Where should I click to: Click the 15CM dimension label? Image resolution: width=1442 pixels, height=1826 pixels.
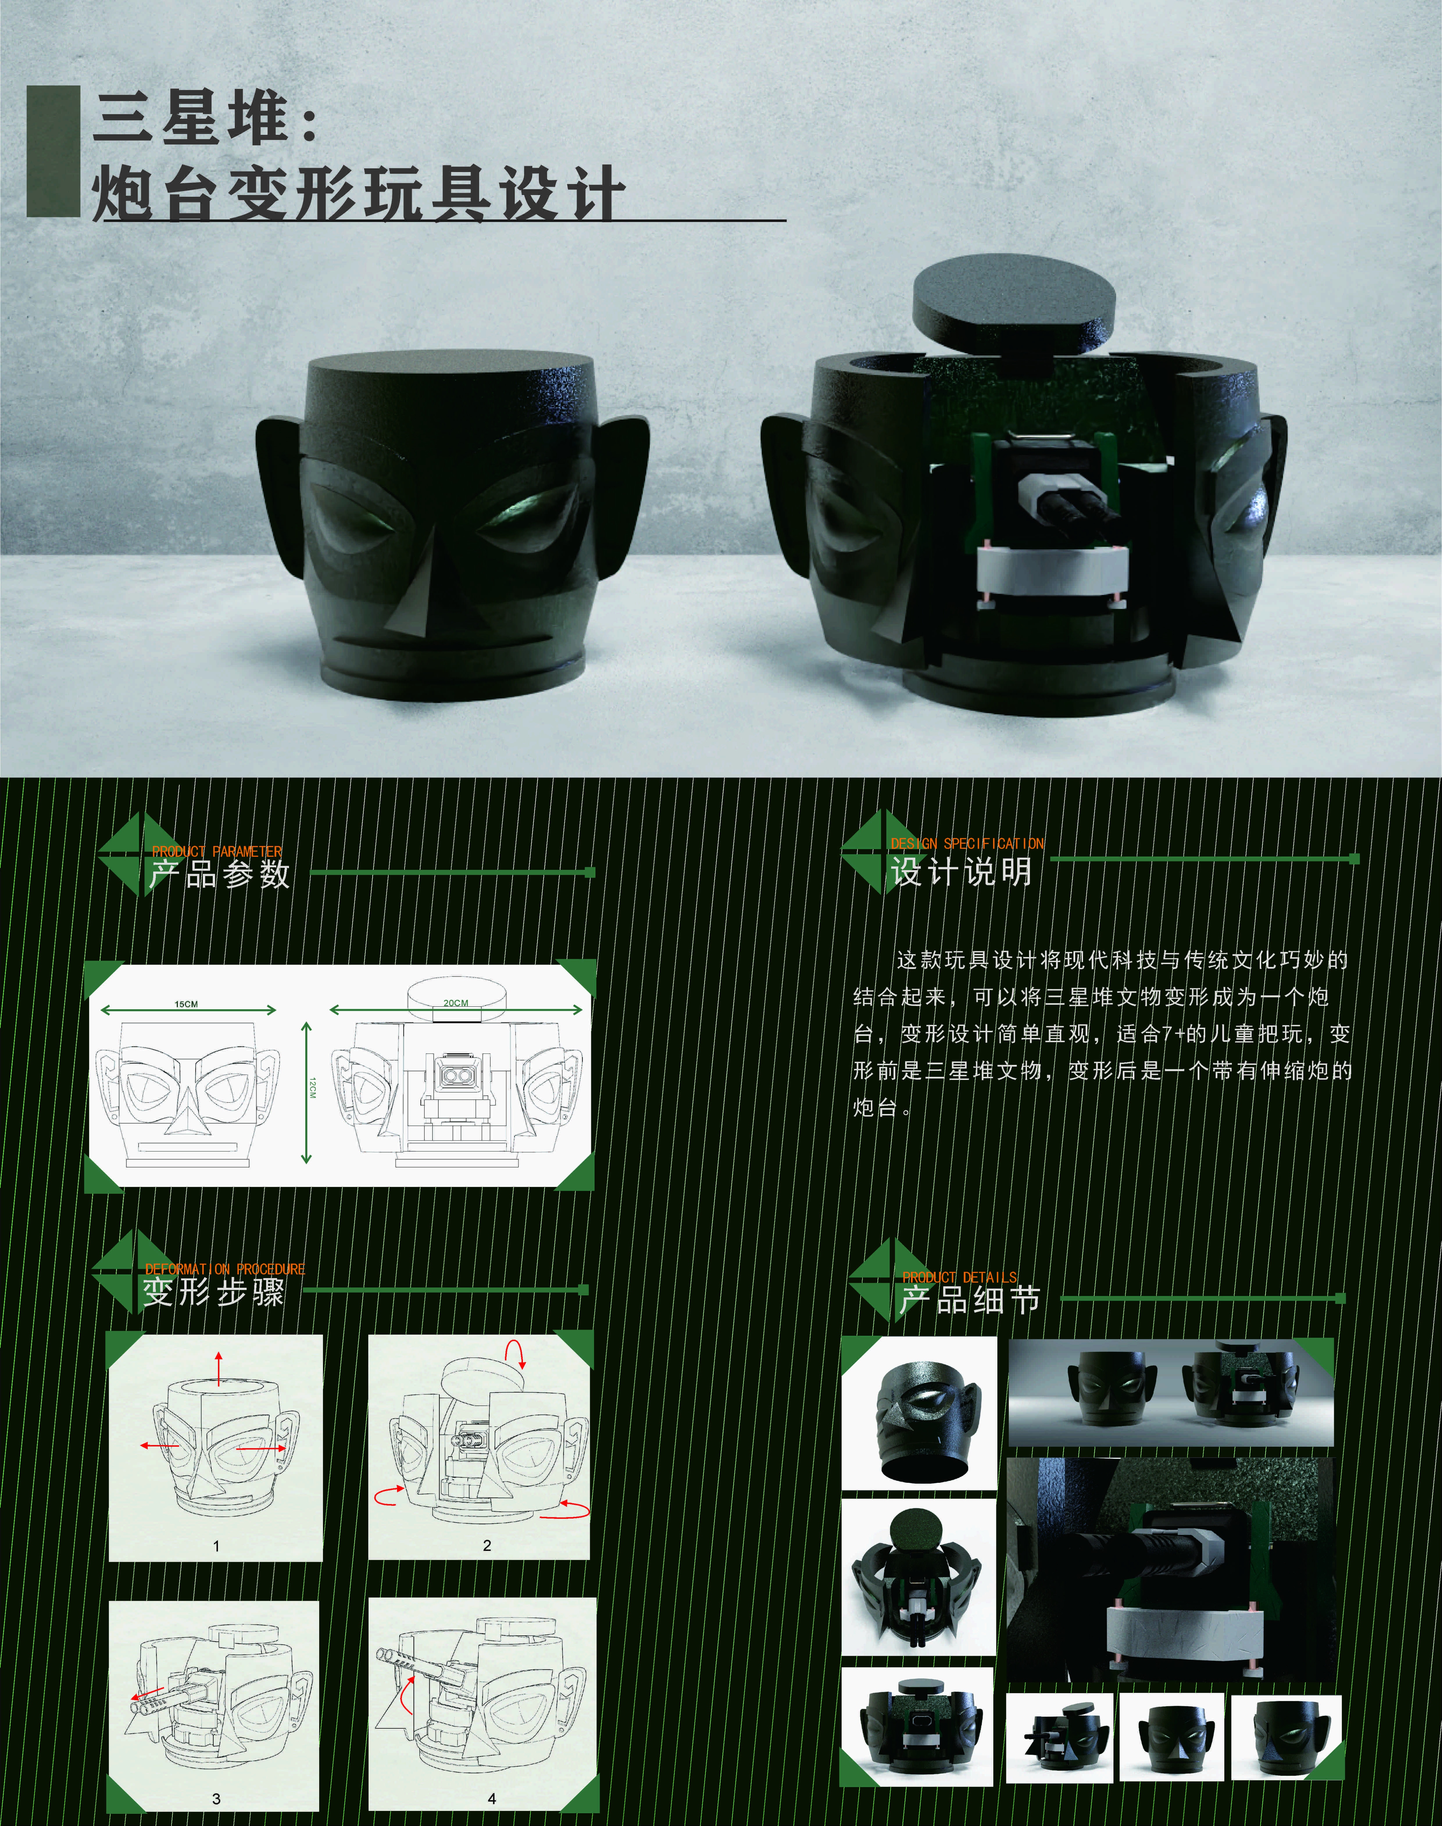tap(186, 1004)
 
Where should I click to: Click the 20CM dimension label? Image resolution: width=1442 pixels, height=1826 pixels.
tap(456, 1003)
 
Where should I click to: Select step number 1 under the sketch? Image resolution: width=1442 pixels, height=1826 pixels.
tap(216, 1546)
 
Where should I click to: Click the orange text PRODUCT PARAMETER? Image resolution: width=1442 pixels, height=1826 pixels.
tap(217, 852)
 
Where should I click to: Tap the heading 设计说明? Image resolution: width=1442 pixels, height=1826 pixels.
tap(962, 871)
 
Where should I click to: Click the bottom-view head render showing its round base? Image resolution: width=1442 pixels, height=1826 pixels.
tap(919, 1413)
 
